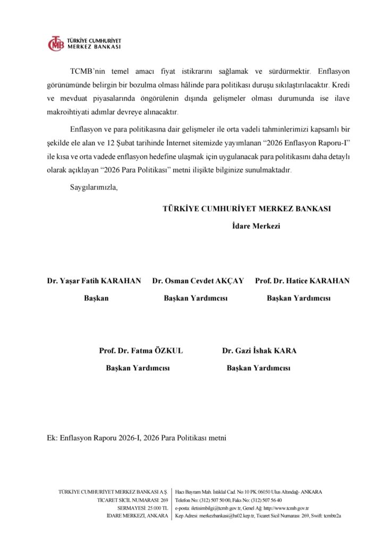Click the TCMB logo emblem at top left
55,44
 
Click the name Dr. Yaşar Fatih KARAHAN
94,280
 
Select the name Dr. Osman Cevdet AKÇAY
198,280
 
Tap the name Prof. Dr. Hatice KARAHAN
302,280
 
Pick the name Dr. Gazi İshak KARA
259,351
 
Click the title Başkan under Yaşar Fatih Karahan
96,298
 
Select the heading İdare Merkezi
256,226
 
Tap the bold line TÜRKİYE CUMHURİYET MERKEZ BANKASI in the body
247,209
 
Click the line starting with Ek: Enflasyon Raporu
137,438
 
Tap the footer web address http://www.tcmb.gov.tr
286,508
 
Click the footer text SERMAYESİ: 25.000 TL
142,508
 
